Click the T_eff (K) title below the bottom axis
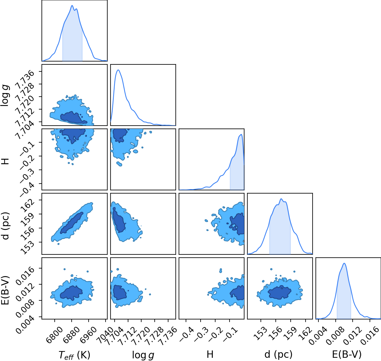[75, 355]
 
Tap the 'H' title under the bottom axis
[210, 354]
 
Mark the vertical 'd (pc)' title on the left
[5, 226]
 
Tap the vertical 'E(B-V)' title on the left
[5, 290]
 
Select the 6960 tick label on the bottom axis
[89, 332]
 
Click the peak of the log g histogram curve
[118, 70]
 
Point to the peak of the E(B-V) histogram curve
[344, 264]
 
